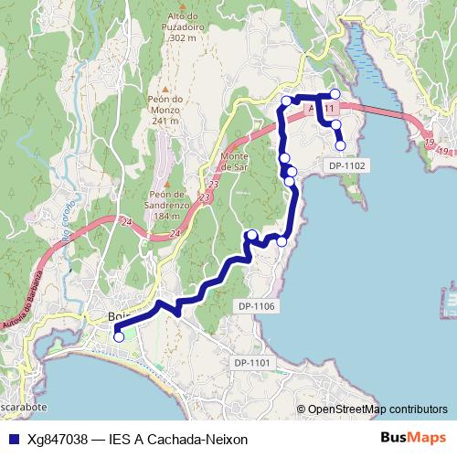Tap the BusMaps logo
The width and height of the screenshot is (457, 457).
click(x=412, y=439)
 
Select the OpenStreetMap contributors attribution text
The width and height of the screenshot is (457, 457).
click(x=377, y=409)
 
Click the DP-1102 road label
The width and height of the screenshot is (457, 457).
click(x=346, y=165)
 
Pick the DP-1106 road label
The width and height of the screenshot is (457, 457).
click(x=257, y=305)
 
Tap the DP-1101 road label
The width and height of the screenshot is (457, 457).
click(x=252, y=363)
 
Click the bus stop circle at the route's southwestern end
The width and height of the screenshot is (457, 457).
click(x=118, y=337)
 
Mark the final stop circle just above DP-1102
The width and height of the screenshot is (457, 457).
click(x=341, y=145)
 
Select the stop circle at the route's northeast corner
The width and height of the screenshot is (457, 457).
click(x=335, y=94)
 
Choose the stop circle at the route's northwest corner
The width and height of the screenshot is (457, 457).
click(x=286, y=101)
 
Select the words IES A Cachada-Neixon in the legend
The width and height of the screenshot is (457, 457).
click(x=178, y=440)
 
